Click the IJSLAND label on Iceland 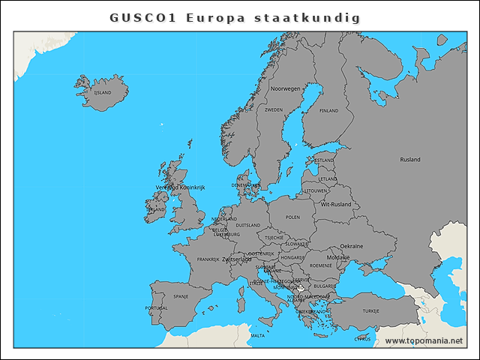102,93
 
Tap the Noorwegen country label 285,88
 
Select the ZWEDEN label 274,109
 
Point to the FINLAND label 329,110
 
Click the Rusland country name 410,160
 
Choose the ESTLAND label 324,160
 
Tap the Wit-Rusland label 336,204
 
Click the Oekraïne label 352,246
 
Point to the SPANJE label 181,296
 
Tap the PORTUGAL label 156,308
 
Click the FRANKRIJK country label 208,259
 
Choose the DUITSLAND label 247,225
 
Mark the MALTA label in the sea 257,336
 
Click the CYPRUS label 363,338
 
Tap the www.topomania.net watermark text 424,341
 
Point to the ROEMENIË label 321,265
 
